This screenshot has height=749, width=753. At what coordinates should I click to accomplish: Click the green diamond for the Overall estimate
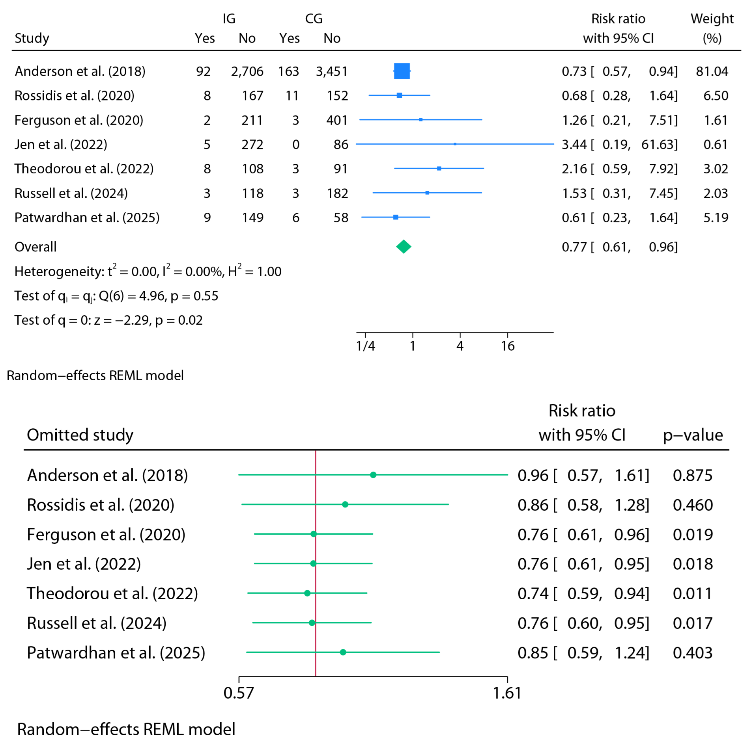coord(403,247)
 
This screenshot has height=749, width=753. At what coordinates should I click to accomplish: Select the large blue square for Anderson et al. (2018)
coord(402,71)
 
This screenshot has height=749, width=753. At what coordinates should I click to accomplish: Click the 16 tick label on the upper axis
coord(507,346)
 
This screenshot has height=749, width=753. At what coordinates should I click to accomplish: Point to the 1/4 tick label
coord(365,346)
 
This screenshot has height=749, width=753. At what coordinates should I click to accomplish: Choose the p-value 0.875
coord(692,475)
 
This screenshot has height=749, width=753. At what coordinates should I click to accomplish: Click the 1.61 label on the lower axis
coord(507,693)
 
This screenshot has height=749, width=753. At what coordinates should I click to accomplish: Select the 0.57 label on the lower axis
coord(239,693)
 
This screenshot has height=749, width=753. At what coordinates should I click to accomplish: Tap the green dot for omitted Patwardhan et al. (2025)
coord(343,652)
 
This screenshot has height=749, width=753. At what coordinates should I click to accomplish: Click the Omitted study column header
coord(80,435)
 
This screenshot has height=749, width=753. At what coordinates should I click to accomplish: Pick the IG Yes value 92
coord(203,71)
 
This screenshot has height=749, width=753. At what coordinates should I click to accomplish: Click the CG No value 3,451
coord(331,71)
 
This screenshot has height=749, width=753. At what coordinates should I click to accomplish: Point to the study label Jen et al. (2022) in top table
coord(61,144)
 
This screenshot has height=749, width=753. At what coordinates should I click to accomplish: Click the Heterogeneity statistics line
coord(148,271)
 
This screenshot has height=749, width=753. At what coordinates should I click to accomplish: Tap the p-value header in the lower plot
coord(692,435)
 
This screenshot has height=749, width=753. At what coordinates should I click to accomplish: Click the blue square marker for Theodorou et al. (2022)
coord(439,168)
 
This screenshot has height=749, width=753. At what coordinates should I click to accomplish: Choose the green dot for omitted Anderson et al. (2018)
coord(373,475)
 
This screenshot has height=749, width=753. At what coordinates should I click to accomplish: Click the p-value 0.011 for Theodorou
coord(692,593)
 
